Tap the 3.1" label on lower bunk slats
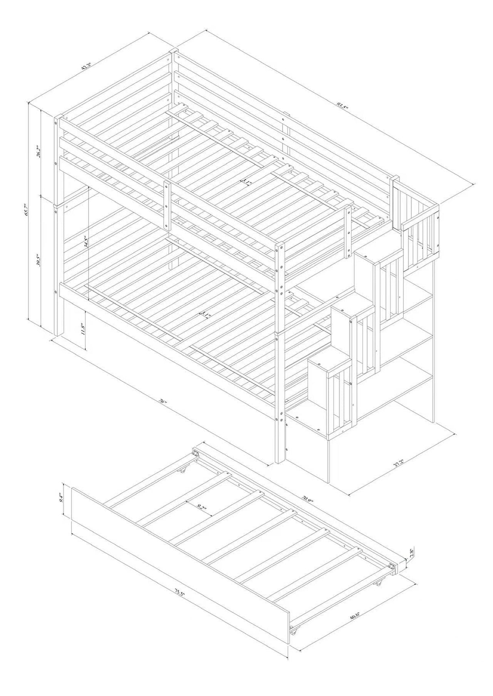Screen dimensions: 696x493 [205, 315]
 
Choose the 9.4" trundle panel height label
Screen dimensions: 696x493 [60, 498]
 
